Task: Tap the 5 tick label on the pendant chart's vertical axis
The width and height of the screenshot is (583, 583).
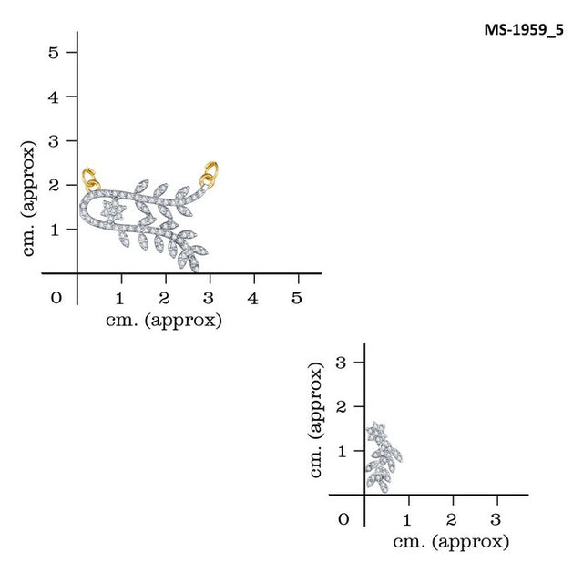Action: click(54, 52)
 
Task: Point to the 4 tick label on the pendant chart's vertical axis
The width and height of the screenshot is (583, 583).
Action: click(54, 97)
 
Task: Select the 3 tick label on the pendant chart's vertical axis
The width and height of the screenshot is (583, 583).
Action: click(54, 141)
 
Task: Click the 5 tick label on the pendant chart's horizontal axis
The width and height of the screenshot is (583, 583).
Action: click(296, 298)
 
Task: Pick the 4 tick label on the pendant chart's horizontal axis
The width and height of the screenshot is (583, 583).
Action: click(252, 298)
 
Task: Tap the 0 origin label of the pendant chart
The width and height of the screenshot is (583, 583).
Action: click(56, 298)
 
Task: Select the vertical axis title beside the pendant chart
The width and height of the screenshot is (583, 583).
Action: click(30, 198)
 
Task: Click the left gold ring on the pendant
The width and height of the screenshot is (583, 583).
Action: click(89, 178)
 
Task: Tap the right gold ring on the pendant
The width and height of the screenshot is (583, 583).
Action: click(210, 171)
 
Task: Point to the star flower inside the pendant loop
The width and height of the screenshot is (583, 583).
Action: click(112, 210)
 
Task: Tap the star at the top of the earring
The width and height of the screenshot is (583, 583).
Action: click(376, 430)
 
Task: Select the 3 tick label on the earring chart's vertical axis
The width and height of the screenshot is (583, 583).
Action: click(342, 362)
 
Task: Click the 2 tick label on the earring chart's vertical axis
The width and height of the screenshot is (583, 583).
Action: click(342, 406)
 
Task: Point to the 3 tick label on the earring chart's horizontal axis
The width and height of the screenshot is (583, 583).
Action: click(496, 520)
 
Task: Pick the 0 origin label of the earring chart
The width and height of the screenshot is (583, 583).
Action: click(343, 520)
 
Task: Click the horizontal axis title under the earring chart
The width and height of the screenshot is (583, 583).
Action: click(451, 541)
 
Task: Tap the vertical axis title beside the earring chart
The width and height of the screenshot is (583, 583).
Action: click(317, 420)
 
